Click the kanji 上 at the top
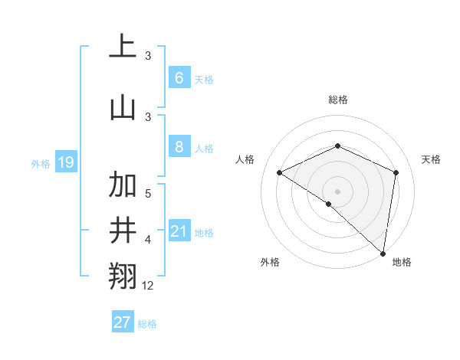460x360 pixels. pos(123,47)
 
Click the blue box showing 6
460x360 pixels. pos(179,77)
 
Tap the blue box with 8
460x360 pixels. pos(179,147)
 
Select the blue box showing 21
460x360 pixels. pos(179,231)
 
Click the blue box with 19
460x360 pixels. pos(66,162)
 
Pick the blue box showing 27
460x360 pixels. pos(123,322)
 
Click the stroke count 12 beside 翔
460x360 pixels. pos(148,286)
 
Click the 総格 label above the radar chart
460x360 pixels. pos(338,100)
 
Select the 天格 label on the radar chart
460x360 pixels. pos(431,159)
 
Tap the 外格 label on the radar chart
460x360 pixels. pos(270,262)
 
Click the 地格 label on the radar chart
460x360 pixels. pos(402,262)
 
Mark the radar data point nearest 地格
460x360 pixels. pos(383,253)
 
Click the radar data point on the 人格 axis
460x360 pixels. pos(280,172)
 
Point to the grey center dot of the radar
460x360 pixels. pos(337,191)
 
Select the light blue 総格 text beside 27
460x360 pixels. pos(148,324)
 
